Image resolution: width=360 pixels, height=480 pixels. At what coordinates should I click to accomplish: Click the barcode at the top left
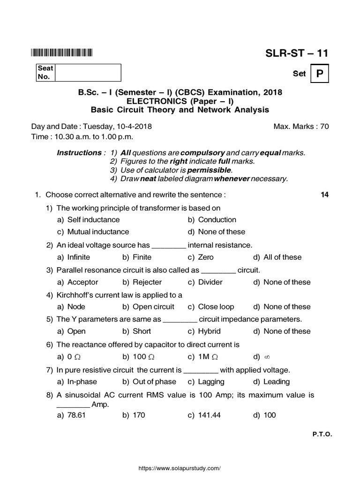click(62, 53)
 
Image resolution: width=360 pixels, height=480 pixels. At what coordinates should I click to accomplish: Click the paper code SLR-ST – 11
click(297, 53)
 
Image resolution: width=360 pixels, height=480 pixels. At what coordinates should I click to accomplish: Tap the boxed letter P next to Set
click(320, 74)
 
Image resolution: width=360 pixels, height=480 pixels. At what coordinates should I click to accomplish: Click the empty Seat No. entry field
click(88, 73)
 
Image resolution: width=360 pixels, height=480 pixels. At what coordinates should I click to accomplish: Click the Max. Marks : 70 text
click(301, 127)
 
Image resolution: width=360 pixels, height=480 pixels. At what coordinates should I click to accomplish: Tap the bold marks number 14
click(324, 195)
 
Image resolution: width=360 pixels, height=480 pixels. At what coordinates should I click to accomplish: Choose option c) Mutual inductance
click(93, 232)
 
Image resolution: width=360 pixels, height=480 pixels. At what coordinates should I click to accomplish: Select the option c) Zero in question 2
click(201, 257)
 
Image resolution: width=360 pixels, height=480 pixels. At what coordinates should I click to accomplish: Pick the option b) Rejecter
click(142, 282)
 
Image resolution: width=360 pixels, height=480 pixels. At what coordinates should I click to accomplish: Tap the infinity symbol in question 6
click(267, 357)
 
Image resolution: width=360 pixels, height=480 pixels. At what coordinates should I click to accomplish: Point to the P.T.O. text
click(322, 435)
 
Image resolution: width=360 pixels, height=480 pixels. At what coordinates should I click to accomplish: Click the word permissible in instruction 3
click(210, 170)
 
